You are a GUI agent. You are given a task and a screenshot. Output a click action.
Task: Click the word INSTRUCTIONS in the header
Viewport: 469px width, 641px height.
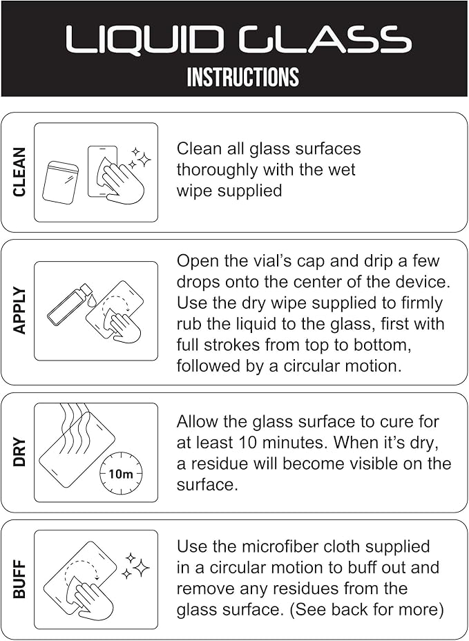pyautogui.click(x=243, y=77)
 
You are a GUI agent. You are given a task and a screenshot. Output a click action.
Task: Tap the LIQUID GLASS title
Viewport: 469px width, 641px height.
pyautogui.click(x=238, y=39)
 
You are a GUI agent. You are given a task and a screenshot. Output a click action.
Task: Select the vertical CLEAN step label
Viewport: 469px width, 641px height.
pyautogui.click(x=19, y=172)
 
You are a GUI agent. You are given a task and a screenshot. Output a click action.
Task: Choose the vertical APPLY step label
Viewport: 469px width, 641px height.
pyautogui.click(x=19, y=311)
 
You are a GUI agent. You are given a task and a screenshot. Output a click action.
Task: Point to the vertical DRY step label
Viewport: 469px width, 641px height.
pyautogui.click(x=19, y=452)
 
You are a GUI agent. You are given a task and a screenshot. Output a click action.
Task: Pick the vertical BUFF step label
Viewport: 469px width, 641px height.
pyautogui.click(x=19, y=580)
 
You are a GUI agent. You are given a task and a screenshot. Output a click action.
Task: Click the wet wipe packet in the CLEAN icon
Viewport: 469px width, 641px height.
pyautogui.click(x=60, y=182)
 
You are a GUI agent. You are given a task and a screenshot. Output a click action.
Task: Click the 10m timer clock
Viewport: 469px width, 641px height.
pyautogui.click(x=122, y=474)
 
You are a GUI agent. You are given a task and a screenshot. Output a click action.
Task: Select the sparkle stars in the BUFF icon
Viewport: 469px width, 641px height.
pyautogui.click(x=137, y=566)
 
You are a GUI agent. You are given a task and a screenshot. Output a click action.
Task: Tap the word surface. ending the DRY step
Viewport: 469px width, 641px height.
pyautogui.click(x=207, y=485)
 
